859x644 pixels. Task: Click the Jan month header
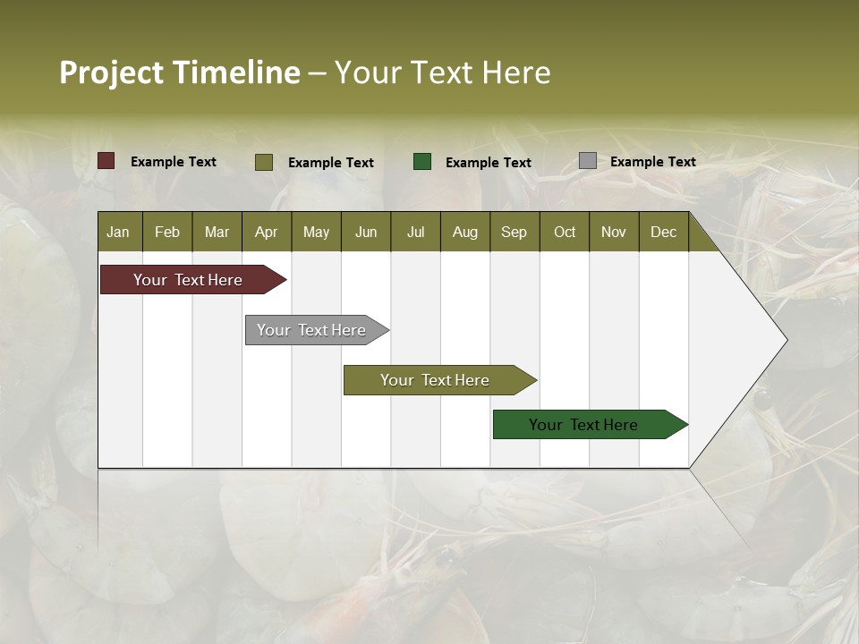118,232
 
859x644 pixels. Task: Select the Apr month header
266,232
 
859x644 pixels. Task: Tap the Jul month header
415,232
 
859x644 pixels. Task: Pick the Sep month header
514,232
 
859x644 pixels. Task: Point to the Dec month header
663,232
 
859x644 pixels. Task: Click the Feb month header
167,232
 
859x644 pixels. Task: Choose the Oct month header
565,232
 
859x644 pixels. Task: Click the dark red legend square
106,161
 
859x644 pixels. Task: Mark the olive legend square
264,162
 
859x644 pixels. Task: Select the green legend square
422,162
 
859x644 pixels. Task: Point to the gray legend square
588,161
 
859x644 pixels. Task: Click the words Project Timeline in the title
179,72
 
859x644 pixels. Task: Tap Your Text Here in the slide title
442,72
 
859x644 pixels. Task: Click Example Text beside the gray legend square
652,162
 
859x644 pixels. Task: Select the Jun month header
366,232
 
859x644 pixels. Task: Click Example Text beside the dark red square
174,162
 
